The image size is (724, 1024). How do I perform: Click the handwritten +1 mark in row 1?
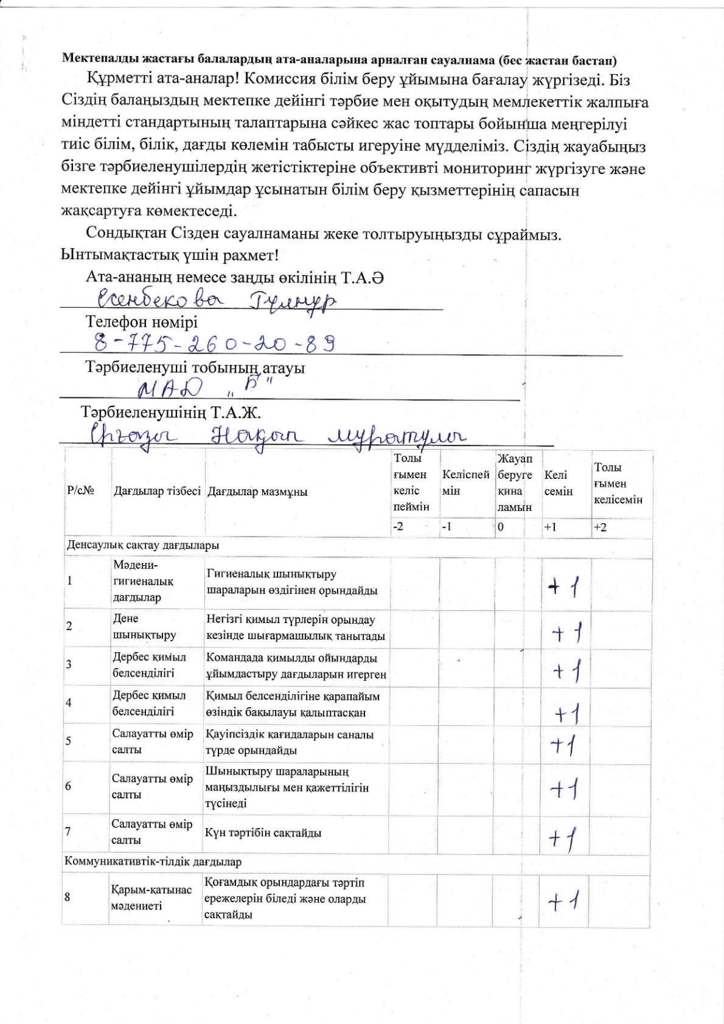563,588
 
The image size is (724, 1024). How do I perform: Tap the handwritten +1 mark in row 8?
563,900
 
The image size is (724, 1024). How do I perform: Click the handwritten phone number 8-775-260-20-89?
215,344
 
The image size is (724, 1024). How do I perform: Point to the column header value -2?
399,527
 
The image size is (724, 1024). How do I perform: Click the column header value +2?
600,528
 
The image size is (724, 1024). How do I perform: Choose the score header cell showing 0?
501,528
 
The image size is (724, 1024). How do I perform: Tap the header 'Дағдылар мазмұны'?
257,492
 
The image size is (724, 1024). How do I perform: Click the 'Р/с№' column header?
80,492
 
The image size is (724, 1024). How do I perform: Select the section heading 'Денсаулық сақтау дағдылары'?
143,545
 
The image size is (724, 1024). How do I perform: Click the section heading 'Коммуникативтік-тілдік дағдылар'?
154,862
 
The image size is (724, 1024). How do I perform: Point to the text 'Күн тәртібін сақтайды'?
263,833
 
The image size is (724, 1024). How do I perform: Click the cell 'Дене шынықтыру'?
144,627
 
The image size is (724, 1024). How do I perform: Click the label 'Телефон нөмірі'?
142,322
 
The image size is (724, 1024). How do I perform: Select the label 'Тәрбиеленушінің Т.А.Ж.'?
172,413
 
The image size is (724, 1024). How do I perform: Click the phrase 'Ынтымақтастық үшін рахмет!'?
170,255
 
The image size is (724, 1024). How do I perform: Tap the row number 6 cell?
68,786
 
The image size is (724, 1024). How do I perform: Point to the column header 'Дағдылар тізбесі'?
157,492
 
